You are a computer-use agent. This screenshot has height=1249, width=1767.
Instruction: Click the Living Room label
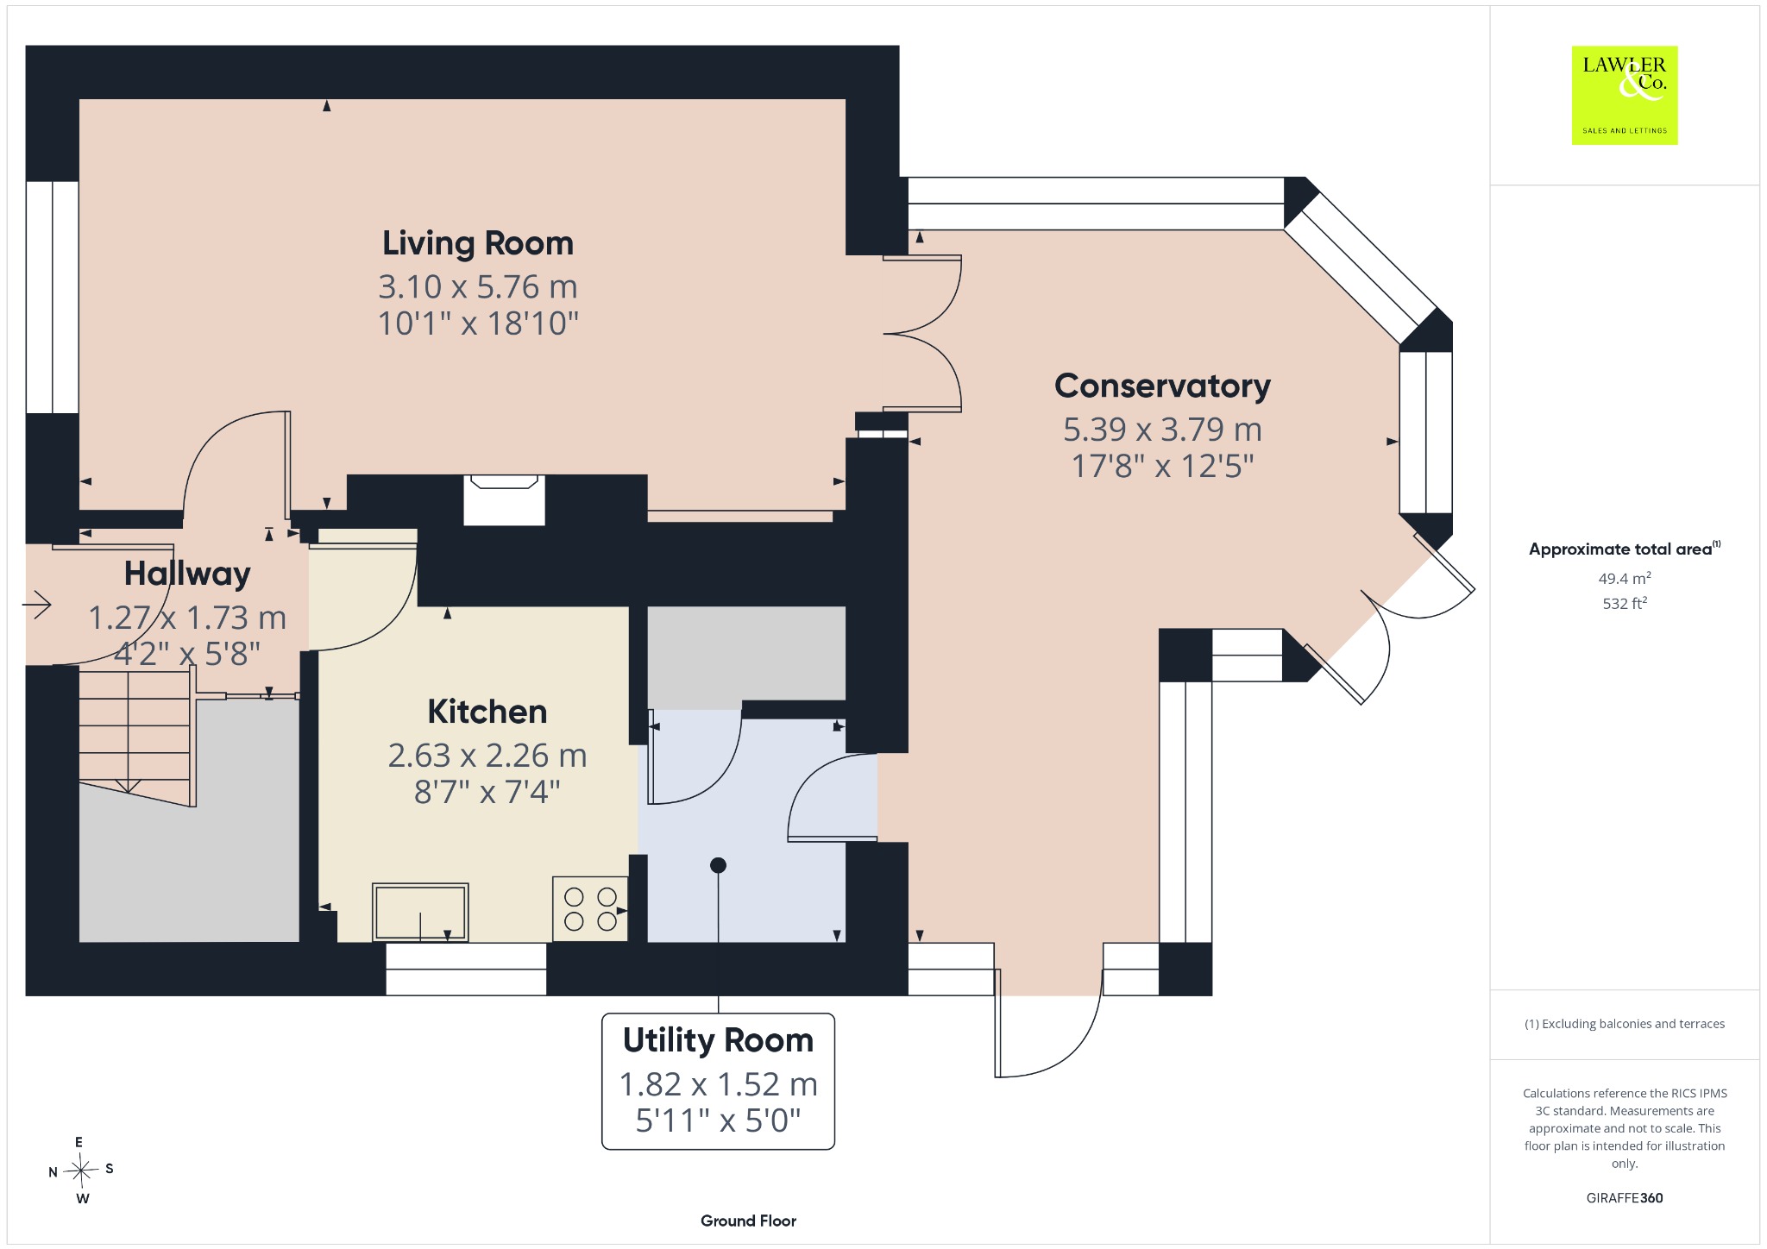pos(478,243)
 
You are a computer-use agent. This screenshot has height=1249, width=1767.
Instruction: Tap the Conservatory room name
pos(1162,386)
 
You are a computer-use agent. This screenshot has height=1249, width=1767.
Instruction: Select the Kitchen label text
pos(487,712)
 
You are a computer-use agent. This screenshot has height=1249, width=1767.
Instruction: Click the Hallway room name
pos(187,574)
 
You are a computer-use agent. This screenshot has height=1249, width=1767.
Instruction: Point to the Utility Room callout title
pos(718,1040)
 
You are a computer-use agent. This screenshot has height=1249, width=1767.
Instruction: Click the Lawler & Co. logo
pos(1625,95)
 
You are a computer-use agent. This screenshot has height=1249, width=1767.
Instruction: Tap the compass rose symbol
pos(81,1171)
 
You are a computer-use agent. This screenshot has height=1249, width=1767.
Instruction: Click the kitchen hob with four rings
pos(591,909)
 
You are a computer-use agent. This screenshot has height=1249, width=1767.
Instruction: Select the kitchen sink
pos(420,912)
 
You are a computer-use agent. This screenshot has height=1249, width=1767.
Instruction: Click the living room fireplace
pos(504,499)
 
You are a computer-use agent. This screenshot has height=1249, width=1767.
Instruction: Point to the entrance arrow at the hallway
pos(37,605)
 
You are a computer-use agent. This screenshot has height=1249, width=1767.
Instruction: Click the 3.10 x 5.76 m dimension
pos(478,286)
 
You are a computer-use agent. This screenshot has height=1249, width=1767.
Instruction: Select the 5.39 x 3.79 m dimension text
pos(1162,429)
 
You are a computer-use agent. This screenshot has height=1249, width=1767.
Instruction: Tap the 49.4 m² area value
pos(1625,578)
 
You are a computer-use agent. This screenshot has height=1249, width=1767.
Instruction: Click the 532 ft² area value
pos(1625,603)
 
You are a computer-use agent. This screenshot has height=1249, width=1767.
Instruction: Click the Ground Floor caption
pos(748,1221)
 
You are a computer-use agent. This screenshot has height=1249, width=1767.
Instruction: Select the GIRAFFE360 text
pos(1625,1197)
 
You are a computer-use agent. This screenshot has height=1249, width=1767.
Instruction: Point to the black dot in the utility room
pos(718,865)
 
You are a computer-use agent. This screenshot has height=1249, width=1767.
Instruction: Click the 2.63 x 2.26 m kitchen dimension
pos(487,756)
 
